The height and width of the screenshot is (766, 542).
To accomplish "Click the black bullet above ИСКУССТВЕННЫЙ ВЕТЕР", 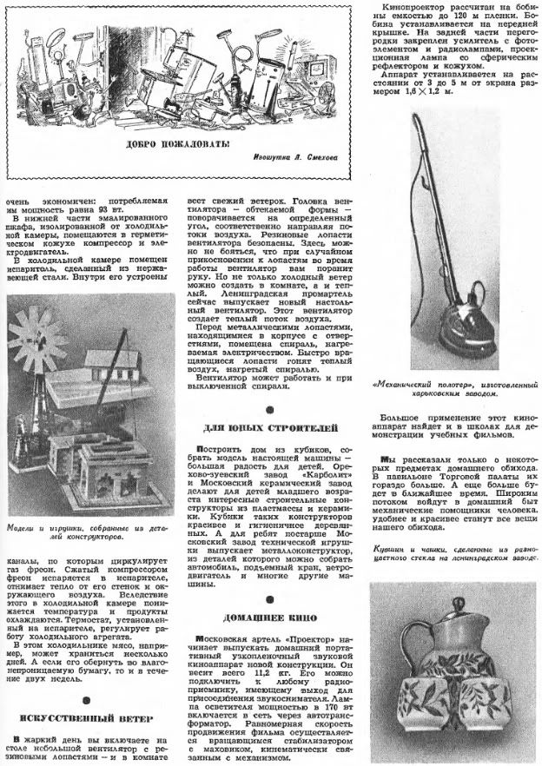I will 83,700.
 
